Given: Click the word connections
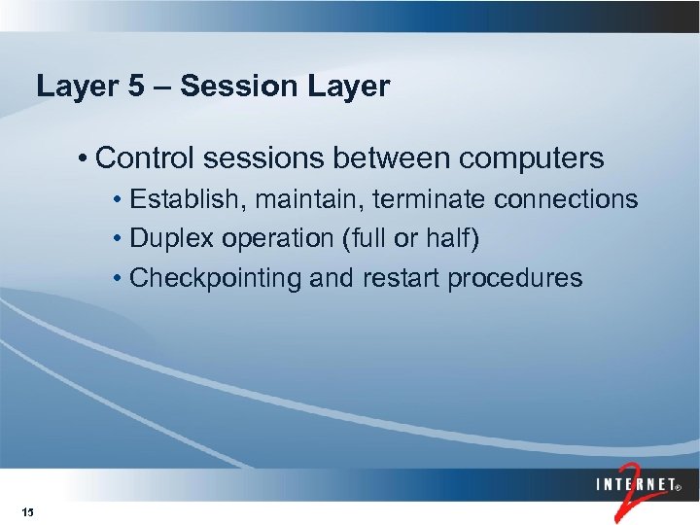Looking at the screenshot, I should tap(566, 200).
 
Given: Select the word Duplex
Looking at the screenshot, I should tap(168, 239).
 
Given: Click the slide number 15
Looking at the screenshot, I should tap(26, 512).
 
